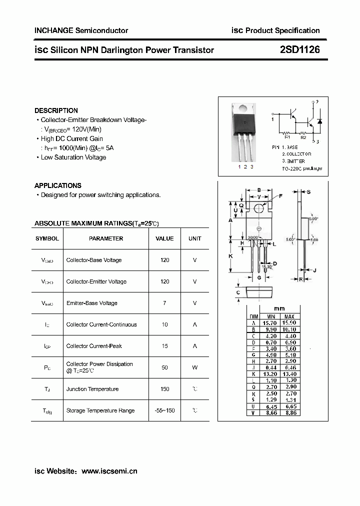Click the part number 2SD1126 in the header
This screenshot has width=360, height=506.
299,50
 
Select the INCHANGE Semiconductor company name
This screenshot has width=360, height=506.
81,30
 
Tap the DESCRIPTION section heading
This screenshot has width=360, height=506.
56,110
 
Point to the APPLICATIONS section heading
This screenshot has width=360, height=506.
57,185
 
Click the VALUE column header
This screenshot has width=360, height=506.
164,238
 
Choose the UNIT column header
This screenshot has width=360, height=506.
194,238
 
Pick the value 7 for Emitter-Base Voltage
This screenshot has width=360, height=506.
164,303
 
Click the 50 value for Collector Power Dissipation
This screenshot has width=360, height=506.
164,367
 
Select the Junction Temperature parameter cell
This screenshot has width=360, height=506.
92,389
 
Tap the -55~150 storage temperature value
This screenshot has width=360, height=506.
164,410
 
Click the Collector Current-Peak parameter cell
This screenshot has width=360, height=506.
94,346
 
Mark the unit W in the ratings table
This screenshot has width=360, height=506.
194,367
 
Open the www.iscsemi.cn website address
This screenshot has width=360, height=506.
109,471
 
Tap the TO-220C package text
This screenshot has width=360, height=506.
302,168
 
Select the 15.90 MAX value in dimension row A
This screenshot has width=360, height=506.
289,323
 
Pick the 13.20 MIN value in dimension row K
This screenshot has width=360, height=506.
270,374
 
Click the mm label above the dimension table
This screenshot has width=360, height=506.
279,308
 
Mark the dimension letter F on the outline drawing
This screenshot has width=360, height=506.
280,196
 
